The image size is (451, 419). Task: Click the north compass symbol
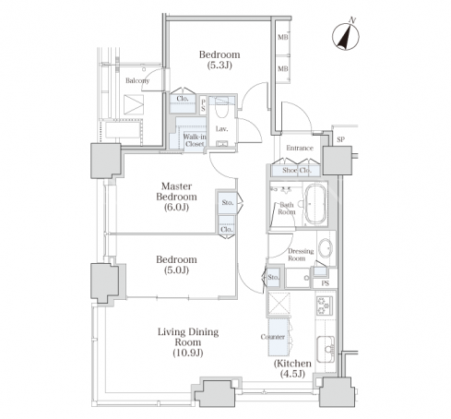[346, 35]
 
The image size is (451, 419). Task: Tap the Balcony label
[137, 80]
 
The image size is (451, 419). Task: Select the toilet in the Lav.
[221, 108]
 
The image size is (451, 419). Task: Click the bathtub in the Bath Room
[315, 204]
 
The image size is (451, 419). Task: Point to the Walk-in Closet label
[195, 140]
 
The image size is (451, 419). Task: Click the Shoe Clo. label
[297, 170]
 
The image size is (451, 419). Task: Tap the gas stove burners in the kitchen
[325, 305]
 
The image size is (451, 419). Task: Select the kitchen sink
[326, 349]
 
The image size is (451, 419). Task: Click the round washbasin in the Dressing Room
[326, 247]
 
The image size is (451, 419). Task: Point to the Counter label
[273, 337]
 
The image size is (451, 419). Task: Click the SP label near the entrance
[340, 139]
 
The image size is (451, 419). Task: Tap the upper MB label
[283, 37]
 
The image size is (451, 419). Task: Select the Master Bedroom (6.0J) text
[176, 197]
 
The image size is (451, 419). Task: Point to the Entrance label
[300, 148]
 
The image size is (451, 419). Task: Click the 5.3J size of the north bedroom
[220, 66]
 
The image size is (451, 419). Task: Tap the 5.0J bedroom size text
[176, 270]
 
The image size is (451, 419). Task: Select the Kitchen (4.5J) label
[292, 368]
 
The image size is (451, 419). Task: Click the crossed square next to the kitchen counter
[279, 304]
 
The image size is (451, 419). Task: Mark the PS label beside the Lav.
[203, 105]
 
